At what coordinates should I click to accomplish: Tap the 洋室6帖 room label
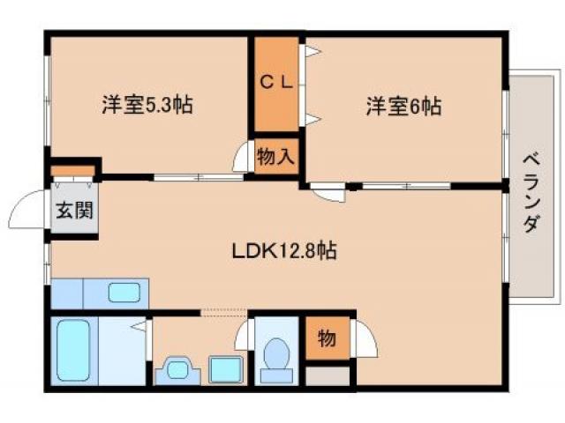pyautogui.click(x=403, y=108)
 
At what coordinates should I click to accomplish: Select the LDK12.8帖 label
pyautogui.click(x=284, y=250)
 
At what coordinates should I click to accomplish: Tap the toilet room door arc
pyautogui.click(x=244, y=338)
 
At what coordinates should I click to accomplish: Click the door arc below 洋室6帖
pyautogui.click(x=328, y=194)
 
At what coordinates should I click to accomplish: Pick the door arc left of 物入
pyautogui.click(x=241, y=158)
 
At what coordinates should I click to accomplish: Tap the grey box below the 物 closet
pyautogui.click(x=327, y=376)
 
